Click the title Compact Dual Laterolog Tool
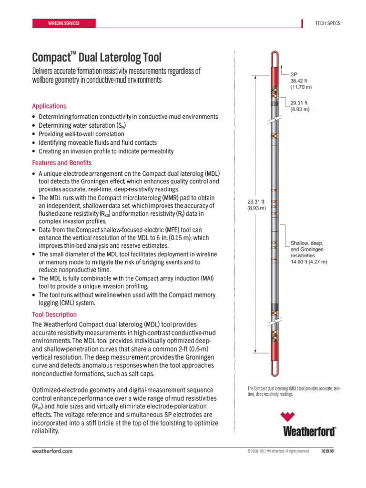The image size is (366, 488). [x=97, y=58]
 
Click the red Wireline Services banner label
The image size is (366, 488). [x=64, y=23]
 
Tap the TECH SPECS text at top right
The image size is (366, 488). [x=328, y=23]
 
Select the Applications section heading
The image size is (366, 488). [x=49, y=106]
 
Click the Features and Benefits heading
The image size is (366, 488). [x=61, y=163]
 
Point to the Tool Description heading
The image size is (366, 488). [x=54, y=315]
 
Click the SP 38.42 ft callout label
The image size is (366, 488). [x=301, y=81]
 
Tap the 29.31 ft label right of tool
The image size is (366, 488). [x=300, y=106]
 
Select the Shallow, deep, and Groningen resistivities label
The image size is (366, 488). [x=309, y=252]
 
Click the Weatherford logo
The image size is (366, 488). [x=309, y=423]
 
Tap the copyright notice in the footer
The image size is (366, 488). [x=275, y=450]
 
